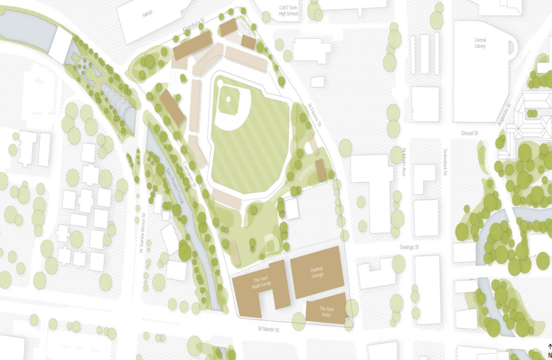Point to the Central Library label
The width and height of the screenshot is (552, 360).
(480, 43)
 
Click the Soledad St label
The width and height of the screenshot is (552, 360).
(446, 163)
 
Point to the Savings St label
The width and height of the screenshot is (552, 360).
(409, 247)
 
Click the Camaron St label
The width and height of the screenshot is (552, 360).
(188, 172)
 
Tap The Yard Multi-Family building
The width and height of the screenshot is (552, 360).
(260, 284)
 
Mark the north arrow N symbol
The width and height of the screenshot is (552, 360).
(549, 352)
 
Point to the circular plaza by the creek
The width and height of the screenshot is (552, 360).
(85, 66)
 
